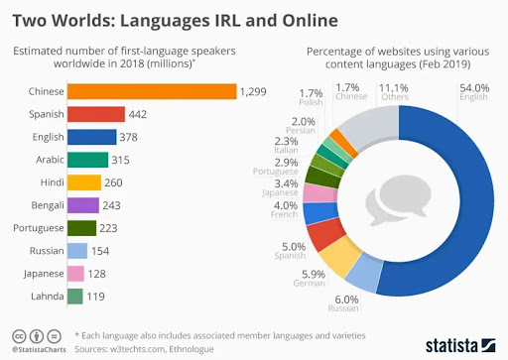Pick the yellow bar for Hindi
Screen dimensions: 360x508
click(x=85, y=182)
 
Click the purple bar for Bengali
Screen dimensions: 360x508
click(x=84, y=205)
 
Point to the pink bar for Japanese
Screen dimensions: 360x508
click(x=76, y=274)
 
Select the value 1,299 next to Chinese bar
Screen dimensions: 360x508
click(x=252, y=91)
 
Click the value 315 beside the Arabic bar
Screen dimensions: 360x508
click(x=122, y=160)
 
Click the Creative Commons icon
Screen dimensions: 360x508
click(x=21, y=334)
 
